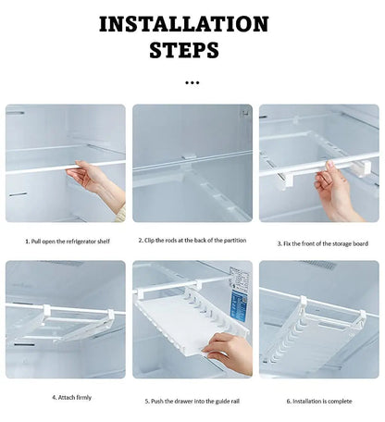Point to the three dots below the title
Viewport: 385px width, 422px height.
point(192,82)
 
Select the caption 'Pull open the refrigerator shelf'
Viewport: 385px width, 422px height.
point(69,241)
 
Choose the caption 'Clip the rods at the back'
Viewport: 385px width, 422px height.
point(192,240)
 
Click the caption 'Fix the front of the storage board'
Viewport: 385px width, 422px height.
point(322,243)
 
